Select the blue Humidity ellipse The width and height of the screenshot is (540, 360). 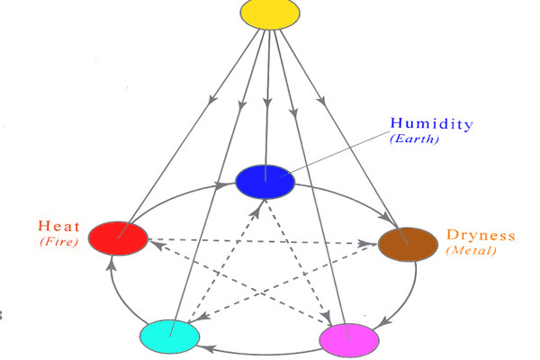[265, 181]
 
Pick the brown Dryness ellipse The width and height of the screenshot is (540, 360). [407, 244]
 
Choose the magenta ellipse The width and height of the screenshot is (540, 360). [350, 338]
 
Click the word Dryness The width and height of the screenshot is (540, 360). [481, 236]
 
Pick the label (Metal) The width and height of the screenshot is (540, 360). [470, 251]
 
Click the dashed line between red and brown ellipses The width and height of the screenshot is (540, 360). [261, 241]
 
